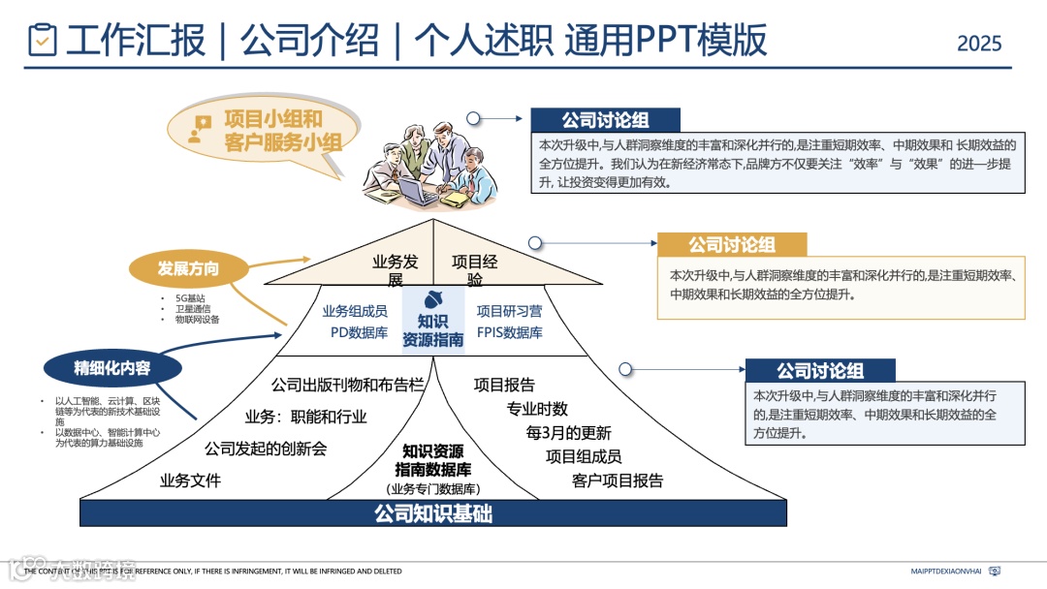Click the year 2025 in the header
(x=979, y=44)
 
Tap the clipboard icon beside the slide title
(x=43, y=40)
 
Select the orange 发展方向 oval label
(x=189, y=268)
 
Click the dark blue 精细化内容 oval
(x=112, y=367)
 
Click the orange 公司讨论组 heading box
(x=732, y=244)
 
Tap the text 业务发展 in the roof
(x=395, y=270)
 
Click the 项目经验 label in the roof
(x=475, y=270)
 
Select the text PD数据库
(x=359, y=333)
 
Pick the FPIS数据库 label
(x=510, y=333)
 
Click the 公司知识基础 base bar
(x=433, y=513)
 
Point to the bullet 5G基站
(x=190, y=297)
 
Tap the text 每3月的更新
(x=569, y=432)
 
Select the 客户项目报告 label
(x=618, y=480)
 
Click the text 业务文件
(x=191, y=480)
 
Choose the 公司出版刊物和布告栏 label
(x=349, y=385)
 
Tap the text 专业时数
(x=537, y=409)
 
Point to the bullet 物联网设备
(x=198, y=319)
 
